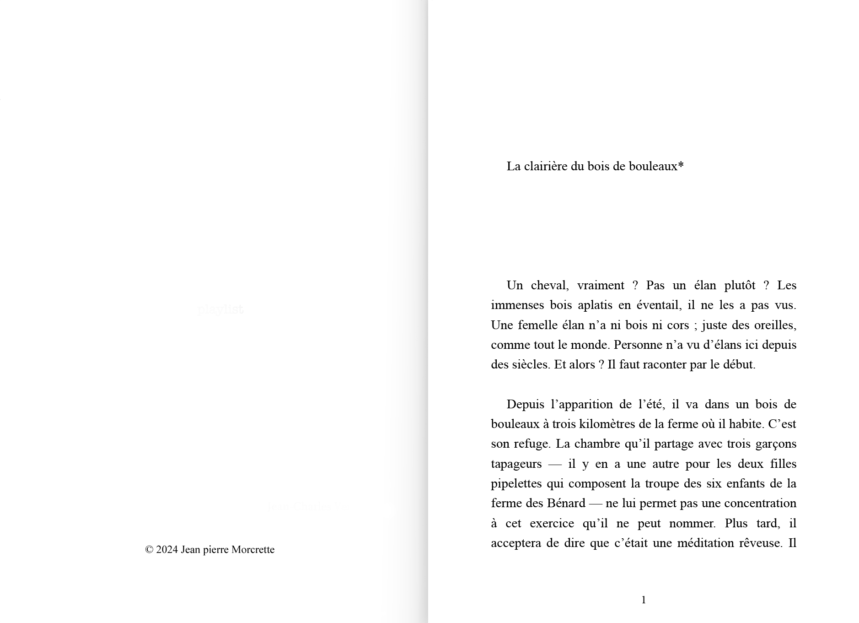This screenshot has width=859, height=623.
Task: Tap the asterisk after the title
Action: (x=681, y=165)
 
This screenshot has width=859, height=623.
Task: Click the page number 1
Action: (x=644, y=600)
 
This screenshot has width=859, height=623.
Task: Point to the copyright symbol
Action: (x=149, y=550)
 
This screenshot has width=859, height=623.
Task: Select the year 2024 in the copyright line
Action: (x=167, y=550)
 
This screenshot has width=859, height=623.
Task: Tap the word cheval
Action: (x=549, y=286)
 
